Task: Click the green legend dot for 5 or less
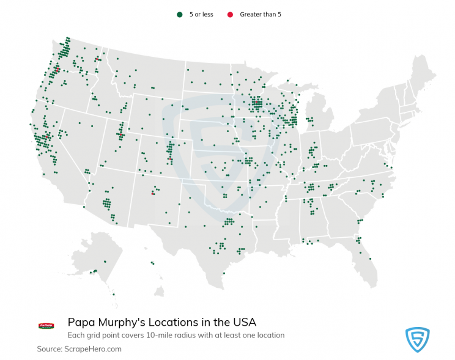[179, 14]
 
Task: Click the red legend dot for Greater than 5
[230, 14]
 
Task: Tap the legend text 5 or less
[201, 14]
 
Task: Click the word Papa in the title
[81, 322]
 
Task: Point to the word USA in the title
[243, 322]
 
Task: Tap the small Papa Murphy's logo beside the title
[46, 326]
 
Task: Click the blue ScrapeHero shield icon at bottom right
[418, 339]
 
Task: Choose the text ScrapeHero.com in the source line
[94, 349]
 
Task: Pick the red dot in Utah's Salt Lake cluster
[120, 133]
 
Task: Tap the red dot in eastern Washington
[97, 59]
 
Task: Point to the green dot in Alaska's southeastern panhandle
[114, 294]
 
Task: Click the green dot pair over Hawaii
[153, 264]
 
